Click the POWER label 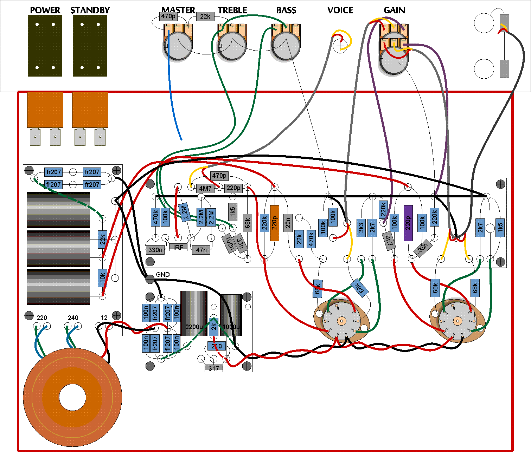45,10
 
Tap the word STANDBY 90,10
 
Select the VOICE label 340,10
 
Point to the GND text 163,274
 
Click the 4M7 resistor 205,188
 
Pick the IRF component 178,247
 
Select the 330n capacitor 155,250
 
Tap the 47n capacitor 201,250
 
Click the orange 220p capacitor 275,223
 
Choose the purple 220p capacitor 408,223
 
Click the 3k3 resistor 361,228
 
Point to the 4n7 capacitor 388,241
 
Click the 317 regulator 214,368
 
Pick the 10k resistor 102,278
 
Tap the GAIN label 394,10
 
